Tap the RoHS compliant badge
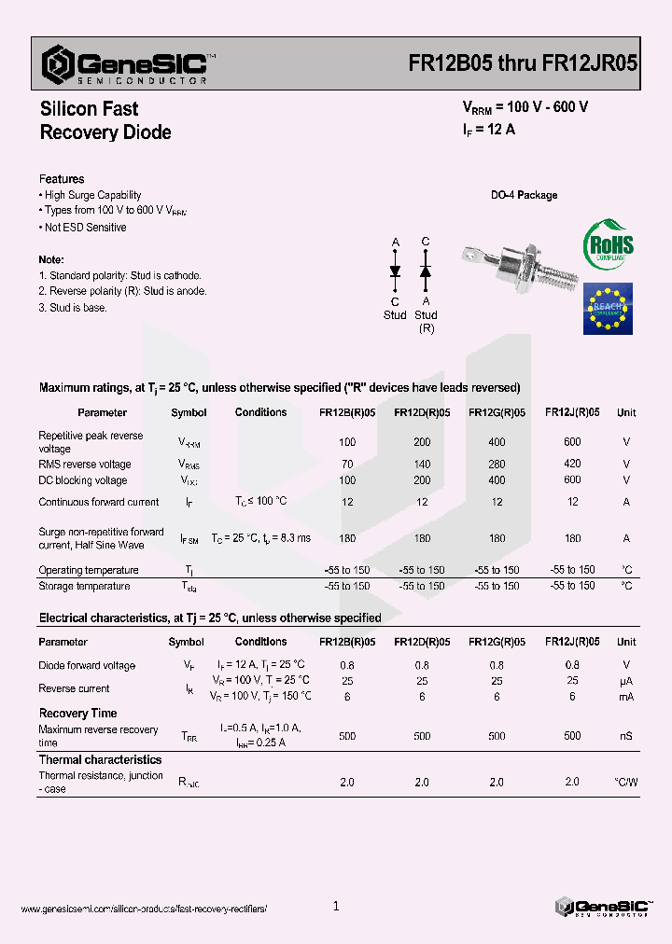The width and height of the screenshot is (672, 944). [x=608, y=245]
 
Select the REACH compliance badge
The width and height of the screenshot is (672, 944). [x=608, y=309]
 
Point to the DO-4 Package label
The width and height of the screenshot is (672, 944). [x=524, y=195]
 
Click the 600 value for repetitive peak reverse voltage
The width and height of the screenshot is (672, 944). [x=572, y=442]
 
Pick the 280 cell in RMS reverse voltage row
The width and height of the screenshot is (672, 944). [x=497, y=464]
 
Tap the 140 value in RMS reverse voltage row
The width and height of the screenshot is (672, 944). [x=422, y=464]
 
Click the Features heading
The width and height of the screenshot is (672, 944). [x=62, y=179]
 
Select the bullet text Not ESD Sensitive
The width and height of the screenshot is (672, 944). [x=85, y=228]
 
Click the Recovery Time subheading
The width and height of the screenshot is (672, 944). [x=77, y=714]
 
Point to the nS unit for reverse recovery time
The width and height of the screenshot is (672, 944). [x=625, y=736]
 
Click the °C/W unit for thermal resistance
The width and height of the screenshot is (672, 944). [x=625, y=782]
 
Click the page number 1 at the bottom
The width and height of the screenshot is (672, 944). [x=336, y=906]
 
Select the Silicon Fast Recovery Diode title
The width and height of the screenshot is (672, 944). [x=105, y=121]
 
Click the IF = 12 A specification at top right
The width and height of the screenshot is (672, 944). [x=489, y=130]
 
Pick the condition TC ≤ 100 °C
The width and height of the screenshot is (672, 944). [x=261, y=502]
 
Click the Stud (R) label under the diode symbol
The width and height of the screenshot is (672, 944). [x=426, y=322]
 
